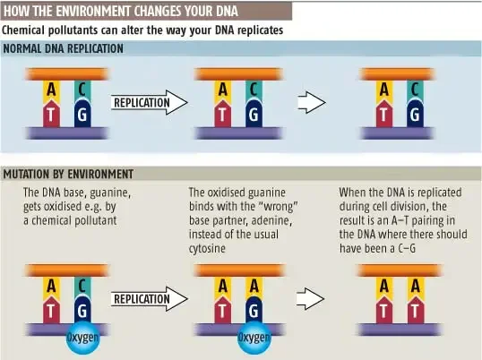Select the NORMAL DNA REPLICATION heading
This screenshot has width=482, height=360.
(64, 48)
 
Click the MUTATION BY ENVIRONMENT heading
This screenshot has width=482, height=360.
(68, 174)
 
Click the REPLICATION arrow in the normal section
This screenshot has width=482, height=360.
(150, 102)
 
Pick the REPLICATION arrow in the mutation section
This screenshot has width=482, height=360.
(150, 299)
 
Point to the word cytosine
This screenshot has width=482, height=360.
(207, 248)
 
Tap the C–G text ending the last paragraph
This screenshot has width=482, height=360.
(407, 248)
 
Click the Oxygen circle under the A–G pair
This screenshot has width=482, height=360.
(254, 338)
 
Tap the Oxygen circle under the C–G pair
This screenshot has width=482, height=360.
(83, 338)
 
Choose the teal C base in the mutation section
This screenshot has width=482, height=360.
(82, 287)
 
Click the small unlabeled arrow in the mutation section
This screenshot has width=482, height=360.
(311, 298)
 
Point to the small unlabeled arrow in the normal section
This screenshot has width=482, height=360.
(312, 102)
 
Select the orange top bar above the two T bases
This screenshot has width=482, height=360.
(400, 270)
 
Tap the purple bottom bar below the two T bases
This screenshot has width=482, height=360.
(400, 330)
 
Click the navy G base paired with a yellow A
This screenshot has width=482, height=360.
(254, 310)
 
